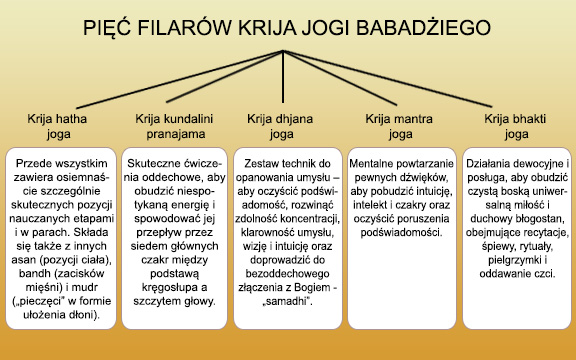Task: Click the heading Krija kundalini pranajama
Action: click(171, 125)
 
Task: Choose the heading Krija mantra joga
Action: click(399, 125)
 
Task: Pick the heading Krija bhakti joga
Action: click(515, 125)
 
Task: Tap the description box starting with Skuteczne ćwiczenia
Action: click(172, 240)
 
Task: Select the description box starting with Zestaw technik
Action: click(288, 240)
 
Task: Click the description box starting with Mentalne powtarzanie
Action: click(401, 240)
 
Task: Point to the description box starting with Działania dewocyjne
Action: click(516, 240)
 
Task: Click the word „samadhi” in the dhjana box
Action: click(286, 300)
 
